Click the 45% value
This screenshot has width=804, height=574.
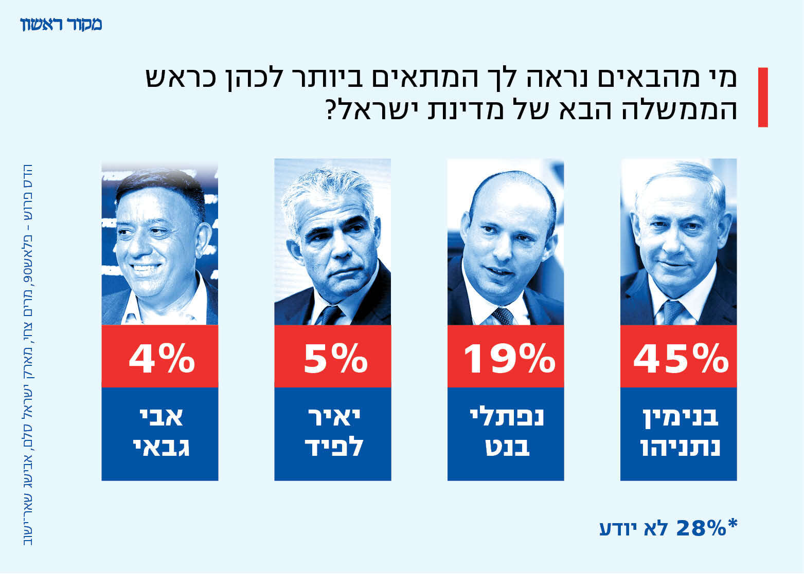click(x=680, y=358)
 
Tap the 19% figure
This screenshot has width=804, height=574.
click(x=509, y=358)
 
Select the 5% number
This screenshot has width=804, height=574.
click(x=335, y=358)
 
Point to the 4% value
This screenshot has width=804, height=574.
click(x=162, y=358)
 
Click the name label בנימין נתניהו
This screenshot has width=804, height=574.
click(x=679, y=433)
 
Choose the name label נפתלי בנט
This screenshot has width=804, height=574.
click(x=506, y=433)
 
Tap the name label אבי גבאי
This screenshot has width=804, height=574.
click(x=160, y=433)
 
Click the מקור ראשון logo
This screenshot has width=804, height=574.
click(x=61, y=24)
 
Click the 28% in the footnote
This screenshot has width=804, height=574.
click(x=700, y=528)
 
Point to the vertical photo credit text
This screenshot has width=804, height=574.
click(x=28, y=355)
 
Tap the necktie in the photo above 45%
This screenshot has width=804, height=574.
click(x=672, y=311)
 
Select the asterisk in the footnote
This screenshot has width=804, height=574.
click(x=732, y=524)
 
